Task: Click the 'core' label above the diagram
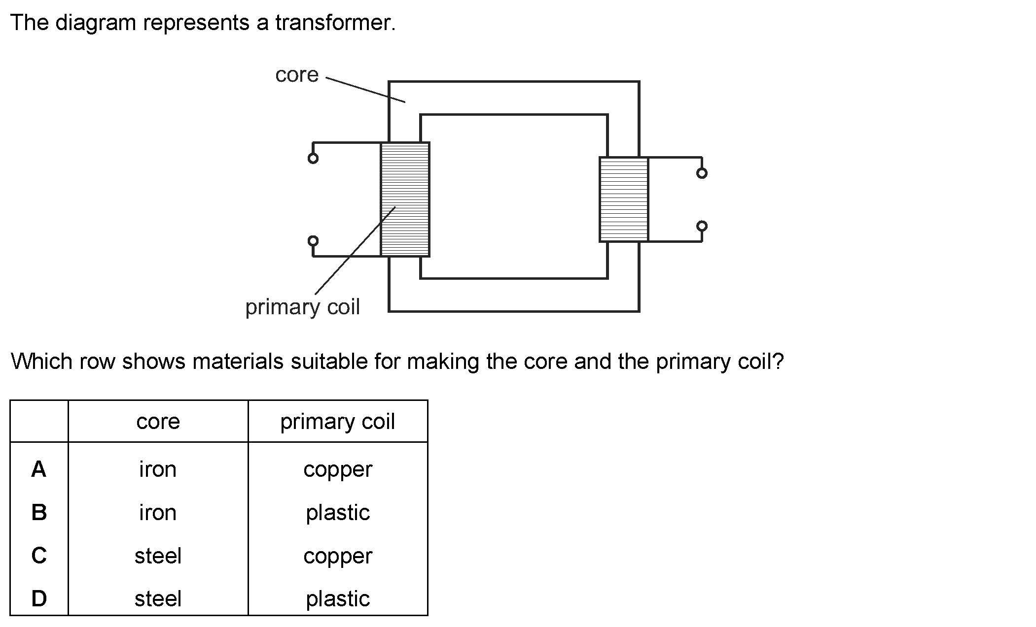[297, 75]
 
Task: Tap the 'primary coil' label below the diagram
[303, 307]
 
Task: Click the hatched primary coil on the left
[405, 199]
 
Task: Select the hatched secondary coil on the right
[624, 199]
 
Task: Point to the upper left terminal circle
[313, 158]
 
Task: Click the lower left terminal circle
[313, 240]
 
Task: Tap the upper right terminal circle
[702, 173]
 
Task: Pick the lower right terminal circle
[702, 226]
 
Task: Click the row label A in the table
[39, 469]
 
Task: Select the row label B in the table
[39, 513]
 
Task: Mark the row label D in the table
[39, 599]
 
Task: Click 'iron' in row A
[158, 469]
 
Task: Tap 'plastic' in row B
[338, 513]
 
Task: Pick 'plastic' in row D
[338, 599]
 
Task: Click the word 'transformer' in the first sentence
[335, 23]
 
